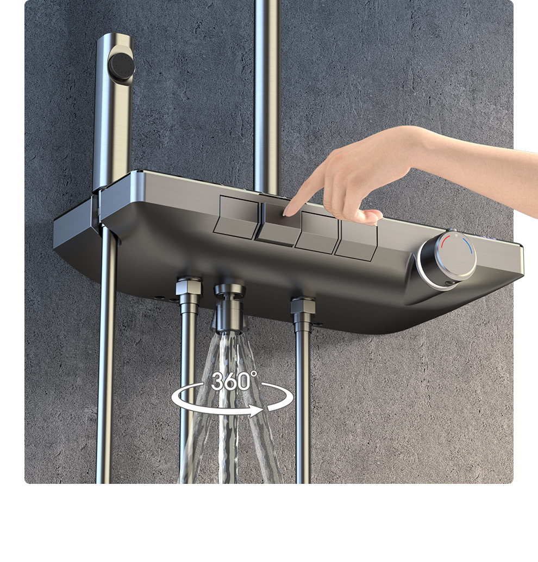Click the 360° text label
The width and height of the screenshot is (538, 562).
(x=234, y=381)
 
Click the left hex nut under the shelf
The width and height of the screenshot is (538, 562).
(x=189, y=289)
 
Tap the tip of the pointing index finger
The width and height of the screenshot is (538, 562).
(x=286, y=213)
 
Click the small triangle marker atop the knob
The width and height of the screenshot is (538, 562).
(x=456, y=236)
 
